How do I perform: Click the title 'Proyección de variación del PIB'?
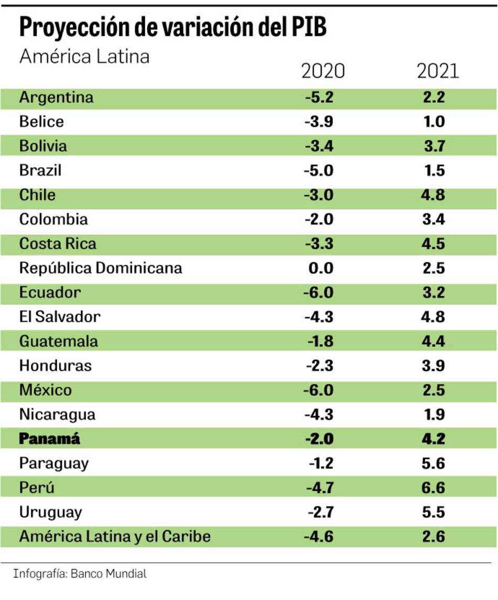(172, 28)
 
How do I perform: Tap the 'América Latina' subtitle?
(84, 56)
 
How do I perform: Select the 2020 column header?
(323, 71)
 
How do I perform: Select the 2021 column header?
(438, 71)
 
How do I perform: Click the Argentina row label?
(56, 97)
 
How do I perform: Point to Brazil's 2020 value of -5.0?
(318, 170)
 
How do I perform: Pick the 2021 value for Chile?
(434, 195)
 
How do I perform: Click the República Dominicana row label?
(101, 268)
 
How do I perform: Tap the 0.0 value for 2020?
(321, 268)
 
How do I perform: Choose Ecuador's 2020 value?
(318, 292)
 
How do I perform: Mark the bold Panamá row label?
(50, 439)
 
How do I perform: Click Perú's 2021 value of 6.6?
(434, 488)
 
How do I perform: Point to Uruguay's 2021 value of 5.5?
(434, 512)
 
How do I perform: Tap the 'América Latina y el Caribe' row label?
(115, 537)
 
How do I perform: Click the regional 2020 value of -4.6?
(318, 537)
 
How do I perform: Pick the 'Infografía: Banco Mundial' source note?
(80, 573)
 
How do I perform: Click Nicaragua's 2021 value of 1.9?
(434, 414)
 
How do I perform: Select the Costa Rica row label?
(58, 244)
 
